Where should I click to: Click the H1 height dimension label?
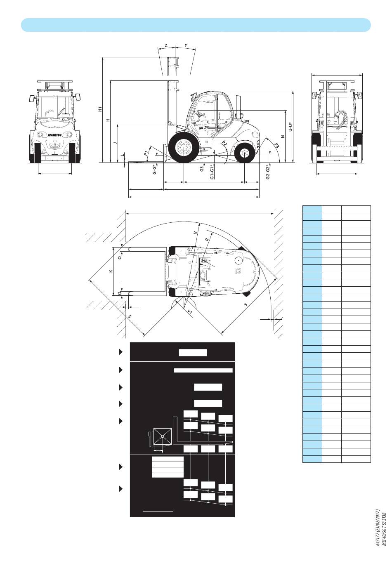pyautogui.click(x=100, y=109)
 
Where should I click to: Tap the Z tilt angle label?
pyautogui.click(x=166, y=45)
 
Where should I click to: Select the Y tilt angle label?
pyautogui.click(x=186, y=45)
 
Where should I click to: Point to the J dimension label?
pyautogui.click(x=115, y=143)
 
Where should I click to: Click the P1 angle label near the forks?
pyautogui.click(x=146, y=153)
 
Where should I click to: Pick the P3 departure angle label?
pyautogui.click(x=276, y=145)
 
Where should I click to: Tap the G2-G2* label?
pyautogui.click(x=268, y=172)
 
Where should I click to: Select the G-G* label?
pyautogui.click(x=155, y=169)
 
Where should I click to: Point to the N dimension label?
pyautogui.click(x=283, y=137)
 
